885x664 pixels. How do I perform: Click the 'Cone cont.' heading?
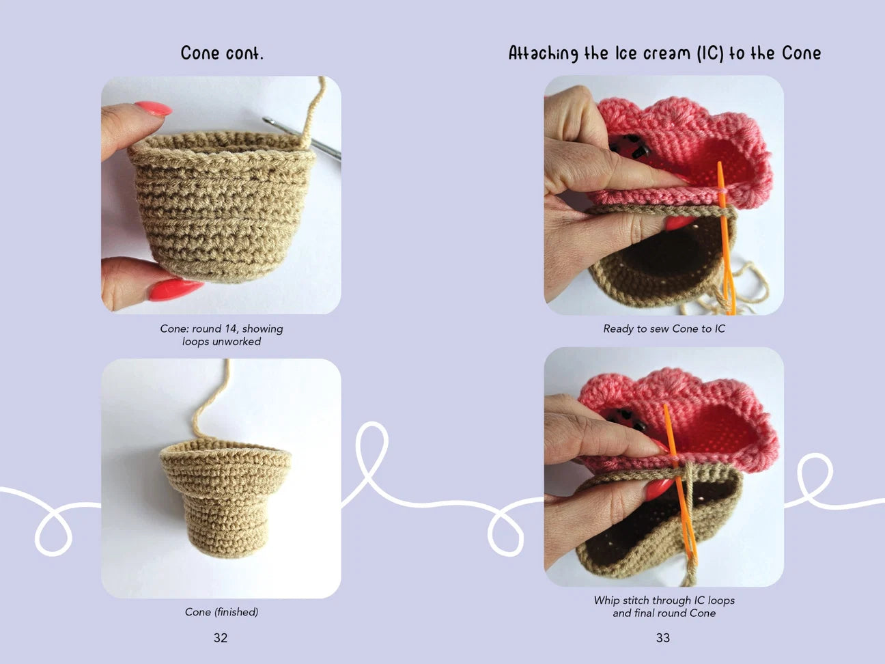coord(222,53)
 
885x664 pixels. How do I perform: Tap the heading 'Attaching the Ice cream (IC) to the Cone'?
coord(664,53)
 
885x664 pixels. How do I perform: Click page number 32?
coord(221,638)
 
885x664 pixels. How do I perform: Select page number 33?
coord(663,638)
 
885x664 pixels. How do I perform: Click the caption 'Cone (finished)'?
coord(221,612)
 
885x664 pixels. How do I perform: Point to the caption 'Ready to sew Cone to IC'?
coord(664,329)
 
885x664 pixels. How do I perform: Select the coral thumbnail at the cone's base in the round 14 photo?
coord(175,290)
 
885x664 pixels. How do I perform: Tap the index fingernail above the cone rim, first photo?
coord(153,109)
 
